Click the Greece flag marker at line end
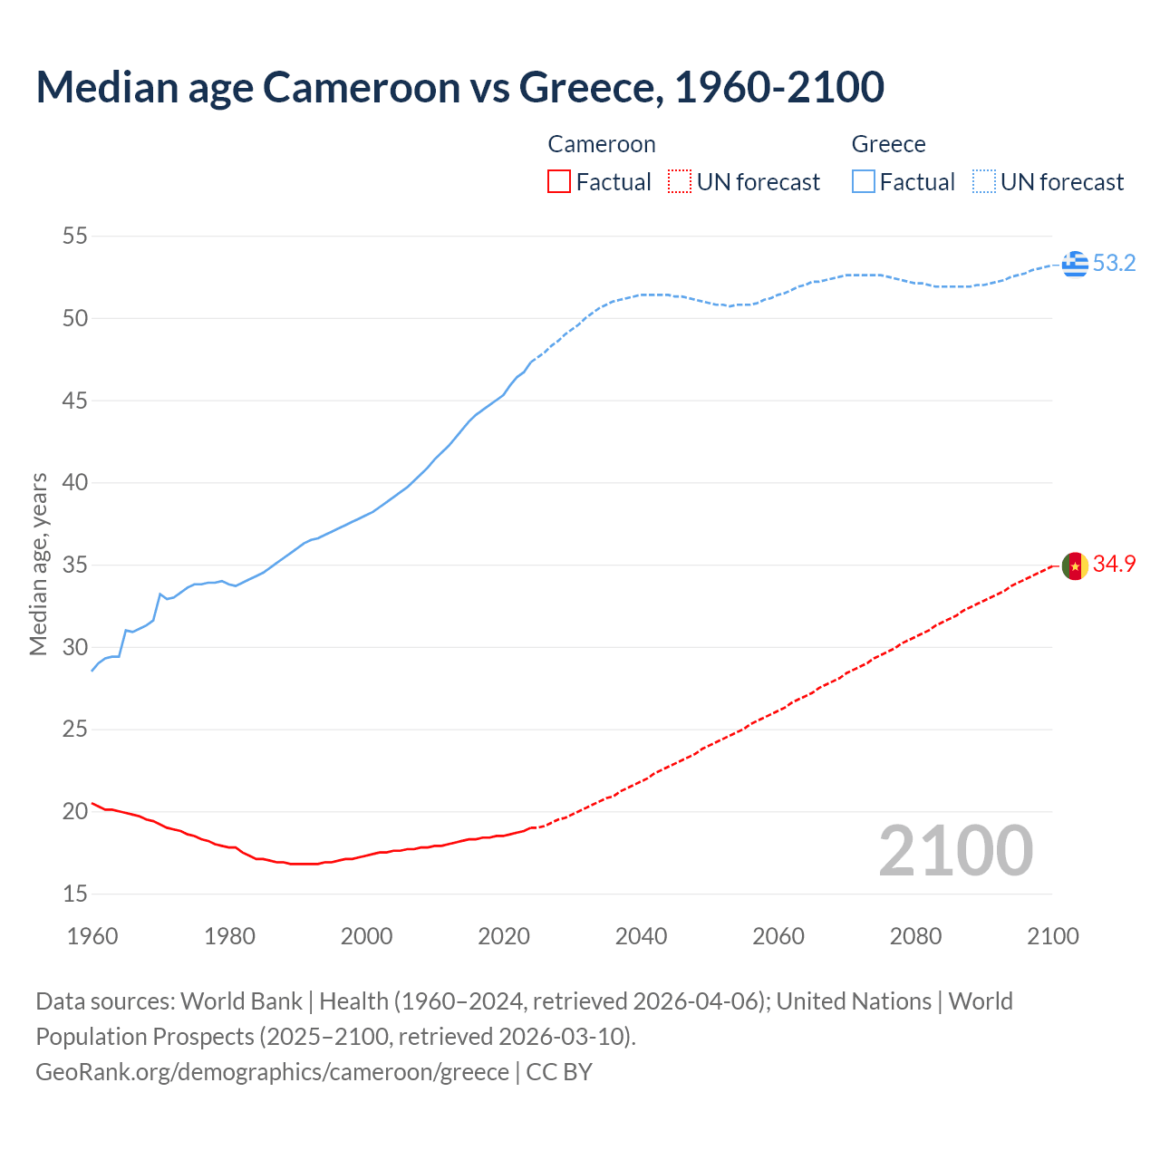1075,264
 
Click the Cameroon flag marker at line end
1075,565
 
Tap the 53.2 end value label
1114,264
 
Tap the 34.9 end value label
1114,565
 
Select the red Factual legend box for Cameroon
559,182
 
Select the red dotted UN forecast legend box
680,182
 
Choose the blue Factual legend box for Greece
864,182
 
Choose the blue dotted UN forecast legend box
984,182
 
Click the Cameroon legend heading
602,145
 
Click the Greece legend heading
888,145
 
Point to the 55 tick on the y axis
75,237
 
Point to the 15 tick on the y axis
75,894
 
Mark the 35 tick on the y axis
75,565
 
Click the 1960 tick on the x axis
92,936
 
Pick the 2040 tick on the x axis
641,936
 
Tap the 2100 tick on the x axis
1053,936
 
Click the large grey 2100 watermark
955,850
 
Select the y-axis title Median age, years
38,564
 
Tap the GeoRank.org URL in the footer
272,1072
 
